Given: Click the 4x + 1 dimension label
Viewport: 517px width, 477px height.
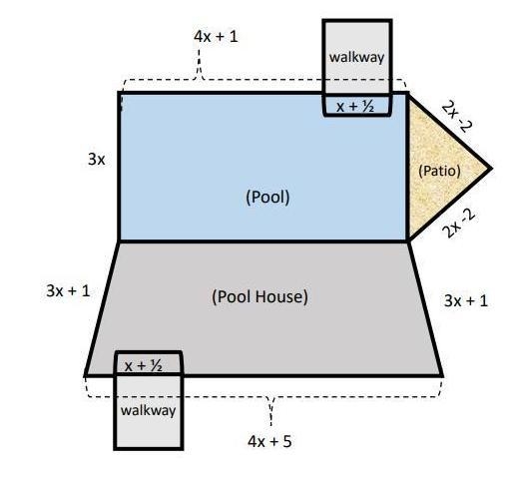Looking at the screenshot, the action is (216, 36).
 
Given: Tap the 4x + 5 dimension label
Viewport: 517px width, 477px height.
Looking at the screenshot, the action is (269, 442).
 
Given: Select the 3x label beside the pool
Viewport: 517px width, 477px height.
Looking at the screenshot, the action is (96, 160).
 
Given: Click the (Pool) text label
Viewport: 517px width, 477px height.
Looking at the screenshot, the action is (267, 197).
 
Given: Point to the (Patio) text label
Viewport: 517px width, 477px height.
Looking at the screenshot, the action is (439, 171).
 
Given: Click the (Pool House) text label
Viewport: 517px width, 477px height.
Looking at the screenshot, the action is (259, 296).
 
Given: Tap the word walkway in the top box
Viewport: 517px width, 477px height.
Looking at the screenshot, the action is (356, 57).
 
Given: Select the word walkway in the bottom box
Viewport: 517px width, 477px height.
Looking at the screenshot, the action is (148, 410).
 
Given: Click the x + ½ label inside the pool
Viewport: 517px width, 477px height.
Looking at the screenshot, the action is (355, 107).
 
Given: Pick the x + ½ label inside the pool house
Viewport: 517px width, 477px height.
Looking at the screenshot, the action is (144, 366).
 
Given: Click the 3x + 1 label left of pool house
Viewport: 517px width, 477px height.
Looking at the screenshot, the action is (68, 291).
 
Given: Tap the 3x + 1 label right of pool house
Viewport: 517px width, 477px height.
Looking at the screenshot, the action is (466, 301).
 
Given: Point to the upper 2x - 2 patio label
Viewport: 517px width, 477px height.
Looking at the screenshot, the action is (457, 117).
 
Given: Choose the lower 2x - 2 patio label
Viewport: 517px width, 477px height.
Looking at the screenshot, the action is (459, 224).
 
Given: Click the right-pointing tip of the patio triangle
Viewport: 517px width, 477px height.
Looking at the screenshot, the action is (491, 169).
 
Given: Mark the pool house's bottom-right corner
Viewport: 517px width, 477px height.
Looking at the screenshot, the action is (442, 375).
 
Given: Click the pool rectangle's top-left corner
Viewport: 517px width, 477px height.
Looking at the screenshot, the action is (119, 93).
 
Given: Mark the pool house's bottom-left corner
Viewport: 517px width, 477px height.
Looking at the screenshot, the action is (85, 375).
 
